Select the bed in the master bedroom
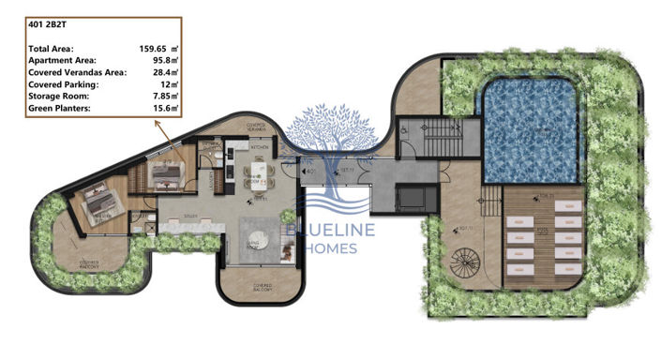pos(98,200)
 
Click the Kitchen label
pos(260,147)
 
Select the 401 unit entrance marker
pos(308,172)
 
